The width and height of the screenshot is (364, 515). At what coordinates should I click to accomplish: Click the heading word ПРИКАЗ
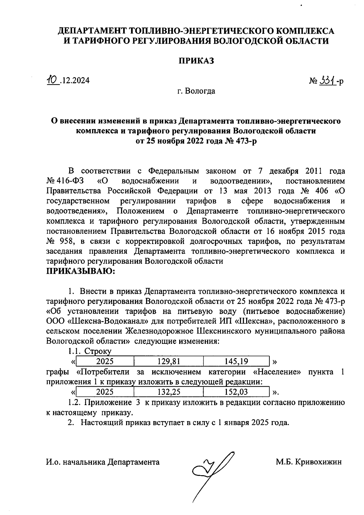(196, 61)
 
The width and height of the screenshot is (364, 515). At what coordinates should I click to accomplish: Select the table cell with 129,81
(169, 361)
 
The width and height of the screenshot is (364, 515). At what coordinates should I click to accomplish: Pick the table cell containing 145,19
(236, 361)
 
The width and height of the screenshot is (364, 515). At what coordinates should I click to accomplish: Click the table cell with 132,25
(169, 392)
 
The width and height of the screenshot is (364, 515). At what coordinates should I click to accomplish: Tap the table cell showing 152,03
(236, 392)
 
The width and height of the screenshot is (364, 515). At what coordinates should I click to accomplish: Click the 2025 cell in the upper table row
(105, 361)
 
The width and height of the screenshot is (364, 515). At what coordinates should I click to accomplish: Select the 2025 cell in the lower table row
(105, 392)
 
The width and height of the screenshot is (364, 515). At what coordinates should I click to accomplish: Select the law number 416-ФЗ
(69, 181)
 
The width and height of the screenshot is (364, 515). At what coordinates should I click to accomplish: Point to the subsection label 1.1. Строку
(90, 351)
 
